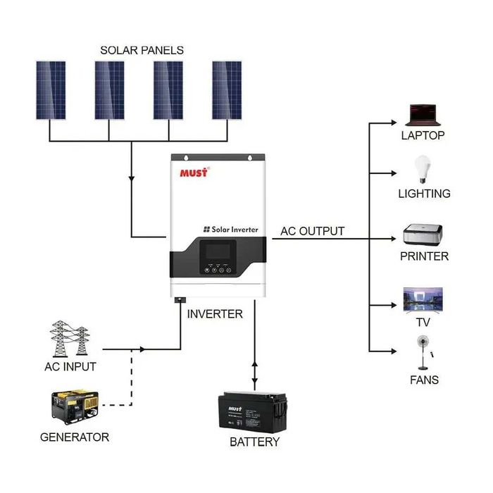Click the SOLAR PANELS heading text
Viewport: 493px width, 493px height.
point(142,50)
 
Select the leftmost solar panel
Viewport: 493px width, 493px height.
point(51,90)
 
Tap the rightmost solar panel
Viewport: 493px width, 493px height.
point(227,90)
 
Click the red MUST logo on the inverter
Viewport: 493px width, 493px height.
point(194,172)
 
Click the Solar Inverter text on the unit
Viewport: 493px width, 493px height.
point(230,230)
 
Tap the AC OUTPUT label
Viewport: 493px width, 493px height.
point(312,231)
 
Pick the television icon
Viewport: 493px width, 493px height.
point(423,300)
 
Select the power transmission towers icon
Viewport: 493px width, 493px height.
point(70,338)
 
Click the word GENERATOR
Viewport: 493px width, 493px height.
point(75,437)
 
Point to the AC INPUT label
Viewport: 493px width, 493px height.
point(70,366)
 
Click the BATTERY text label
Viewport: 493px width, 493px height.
point(254,442)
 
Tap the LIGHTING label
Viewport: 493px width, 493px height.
point(424,193)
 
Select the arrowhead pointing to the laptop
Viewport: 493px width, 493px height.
point(393,122)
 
